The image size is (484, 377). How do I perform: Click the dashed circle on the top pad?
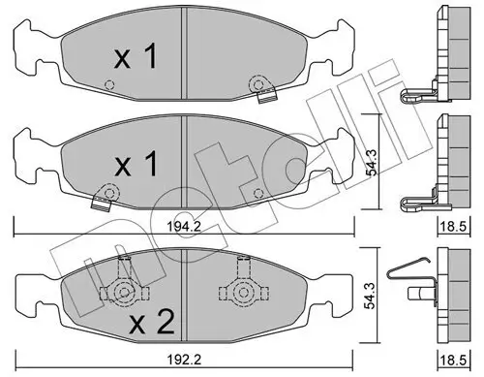pos(109,85)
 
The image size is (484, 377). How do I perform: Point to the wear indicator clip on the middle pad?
pos(99,200)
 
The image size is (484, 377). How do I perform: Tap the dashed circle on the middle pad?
pos(257,192)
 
